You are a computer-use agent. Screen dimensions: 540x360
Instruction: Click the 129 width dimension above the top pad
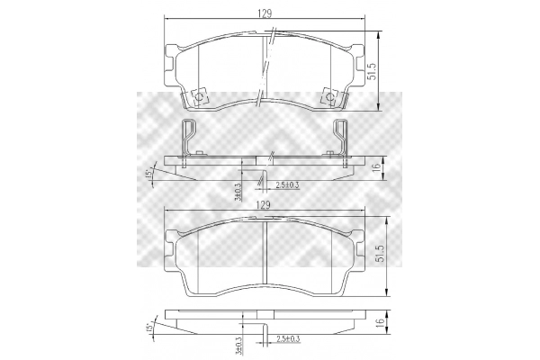click(x=265, y=13)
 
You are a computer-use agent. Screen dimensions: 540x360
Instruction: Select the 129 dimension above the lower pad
click(x=263, y=205)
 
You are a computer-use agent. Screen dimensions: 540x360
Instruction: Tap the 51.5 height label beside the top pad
click(x=373, y=72)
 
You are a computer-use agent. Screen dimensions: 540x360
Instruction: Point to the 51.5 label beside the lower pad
click(x=380, y=254)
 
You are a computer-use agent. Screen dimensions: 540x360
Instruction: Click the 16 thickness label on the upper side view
click(x=377, y=167)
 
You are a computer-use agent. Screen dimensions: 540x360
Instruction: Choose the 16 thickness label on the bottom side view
click(x=380, y=322)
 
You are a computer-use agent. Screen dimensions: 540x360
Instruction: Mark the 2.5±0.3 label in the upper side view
click(x=287, y=185)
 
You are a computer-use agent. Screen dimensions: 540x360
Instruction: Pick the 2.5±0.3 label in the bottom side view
click(x=288, y=339)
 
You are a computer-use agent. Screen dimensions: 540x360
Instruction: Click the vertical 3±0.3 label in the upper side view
click(x=238, y=192)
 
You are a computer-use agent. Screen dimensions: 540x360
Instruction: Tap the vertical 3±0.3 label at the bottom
click(x=238, y=346)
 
